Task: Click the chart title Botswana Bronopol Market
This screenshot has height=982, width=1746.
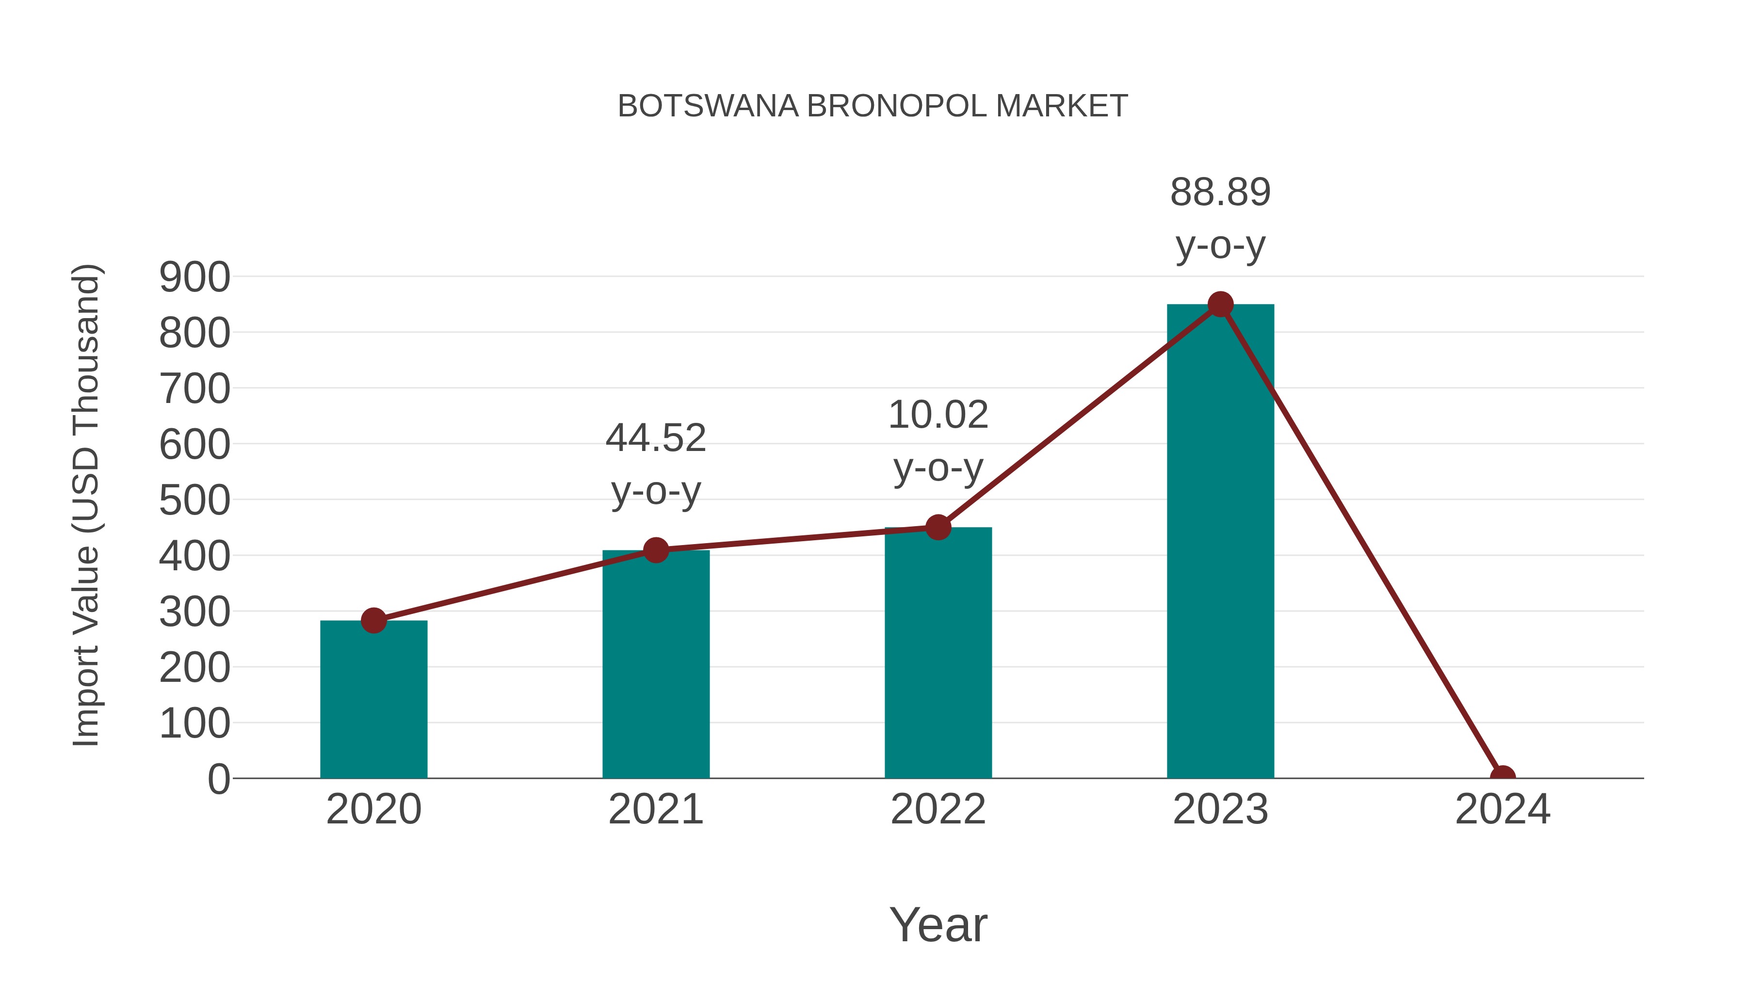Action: coord(873,106)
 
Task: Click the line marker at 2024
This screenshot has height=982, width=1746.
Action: coord(1503,777)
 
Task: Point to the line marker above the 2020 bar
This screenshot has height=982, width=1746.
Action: coord(373,620)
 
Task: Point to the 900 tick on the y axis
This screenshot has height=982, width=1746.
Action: coord(194,277)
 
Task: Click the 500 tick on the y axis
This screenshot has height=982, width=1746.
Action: coord(194,501)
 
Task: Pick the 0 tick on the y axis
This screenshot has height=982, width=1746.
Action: coord(218,779)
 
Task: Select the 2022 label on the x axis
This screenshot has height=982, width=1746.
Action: coord(938,809)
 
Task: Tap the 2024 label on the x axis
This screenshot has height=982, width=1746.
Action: coord(1503,809)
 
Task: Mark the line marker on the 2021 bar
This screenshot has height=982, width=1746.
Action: coord(655,550)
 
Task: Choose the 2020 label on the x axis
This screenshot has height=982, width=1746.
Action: coord(373,809)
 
